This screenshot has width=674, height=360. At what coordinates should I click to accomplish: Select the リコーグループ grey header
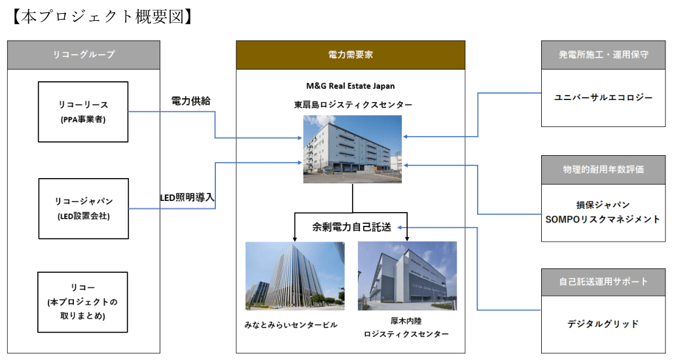(84, 55)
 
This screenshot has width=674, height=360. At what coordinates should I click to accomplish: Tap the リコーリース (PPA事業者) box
(83, 112)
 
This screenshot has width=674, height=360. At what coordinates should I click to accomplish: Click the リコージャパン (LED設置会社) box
(83, 209)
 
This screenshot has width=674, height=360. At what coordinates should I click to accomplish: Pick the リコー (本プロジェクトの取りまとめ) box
(82, 302)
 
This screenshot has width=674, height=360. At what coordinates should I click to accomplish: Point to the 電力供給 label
(191, 101)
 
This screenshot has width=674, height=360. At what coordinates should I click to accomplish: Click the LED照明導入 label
(187, 198)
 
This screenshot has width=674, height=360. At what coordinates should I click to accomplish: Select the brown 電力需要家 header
(350, 55)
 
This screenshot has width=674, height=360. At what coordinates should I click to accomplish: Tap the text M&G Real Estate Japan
(350, 86)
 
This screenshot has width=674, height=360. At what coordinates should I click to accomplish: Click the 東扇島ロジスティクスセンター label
(353, 105)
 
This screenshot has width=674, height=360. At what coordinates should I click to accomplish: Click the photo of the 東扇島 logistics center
(353, 149)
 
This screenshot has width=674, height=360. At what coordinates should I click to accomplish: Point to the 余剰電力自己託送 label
(351, 227)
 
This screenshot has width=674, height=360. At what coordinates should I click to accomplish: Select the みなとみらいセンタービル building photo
(295, 276)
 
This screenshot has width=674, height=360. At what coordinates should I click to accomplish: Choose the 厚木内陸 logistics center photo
(408, 276)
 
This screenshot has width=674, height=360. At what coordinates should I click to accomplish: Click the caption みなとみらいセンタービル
(291, 325)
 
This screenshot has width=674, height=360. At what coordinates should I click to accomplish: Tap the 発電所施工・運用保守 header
(603, 55)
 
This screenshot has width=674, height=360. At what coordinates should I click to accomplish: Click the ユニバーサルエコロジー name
(603, 98)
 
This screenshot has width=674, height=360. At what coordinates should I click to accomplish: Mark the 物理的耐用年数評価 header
(603, 170)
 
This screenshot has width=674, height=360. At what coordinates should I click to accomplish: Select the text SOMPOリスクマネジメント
(603, 219)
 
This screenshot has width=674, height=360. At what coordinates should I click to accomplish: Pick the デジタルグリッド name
(603, 324)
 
